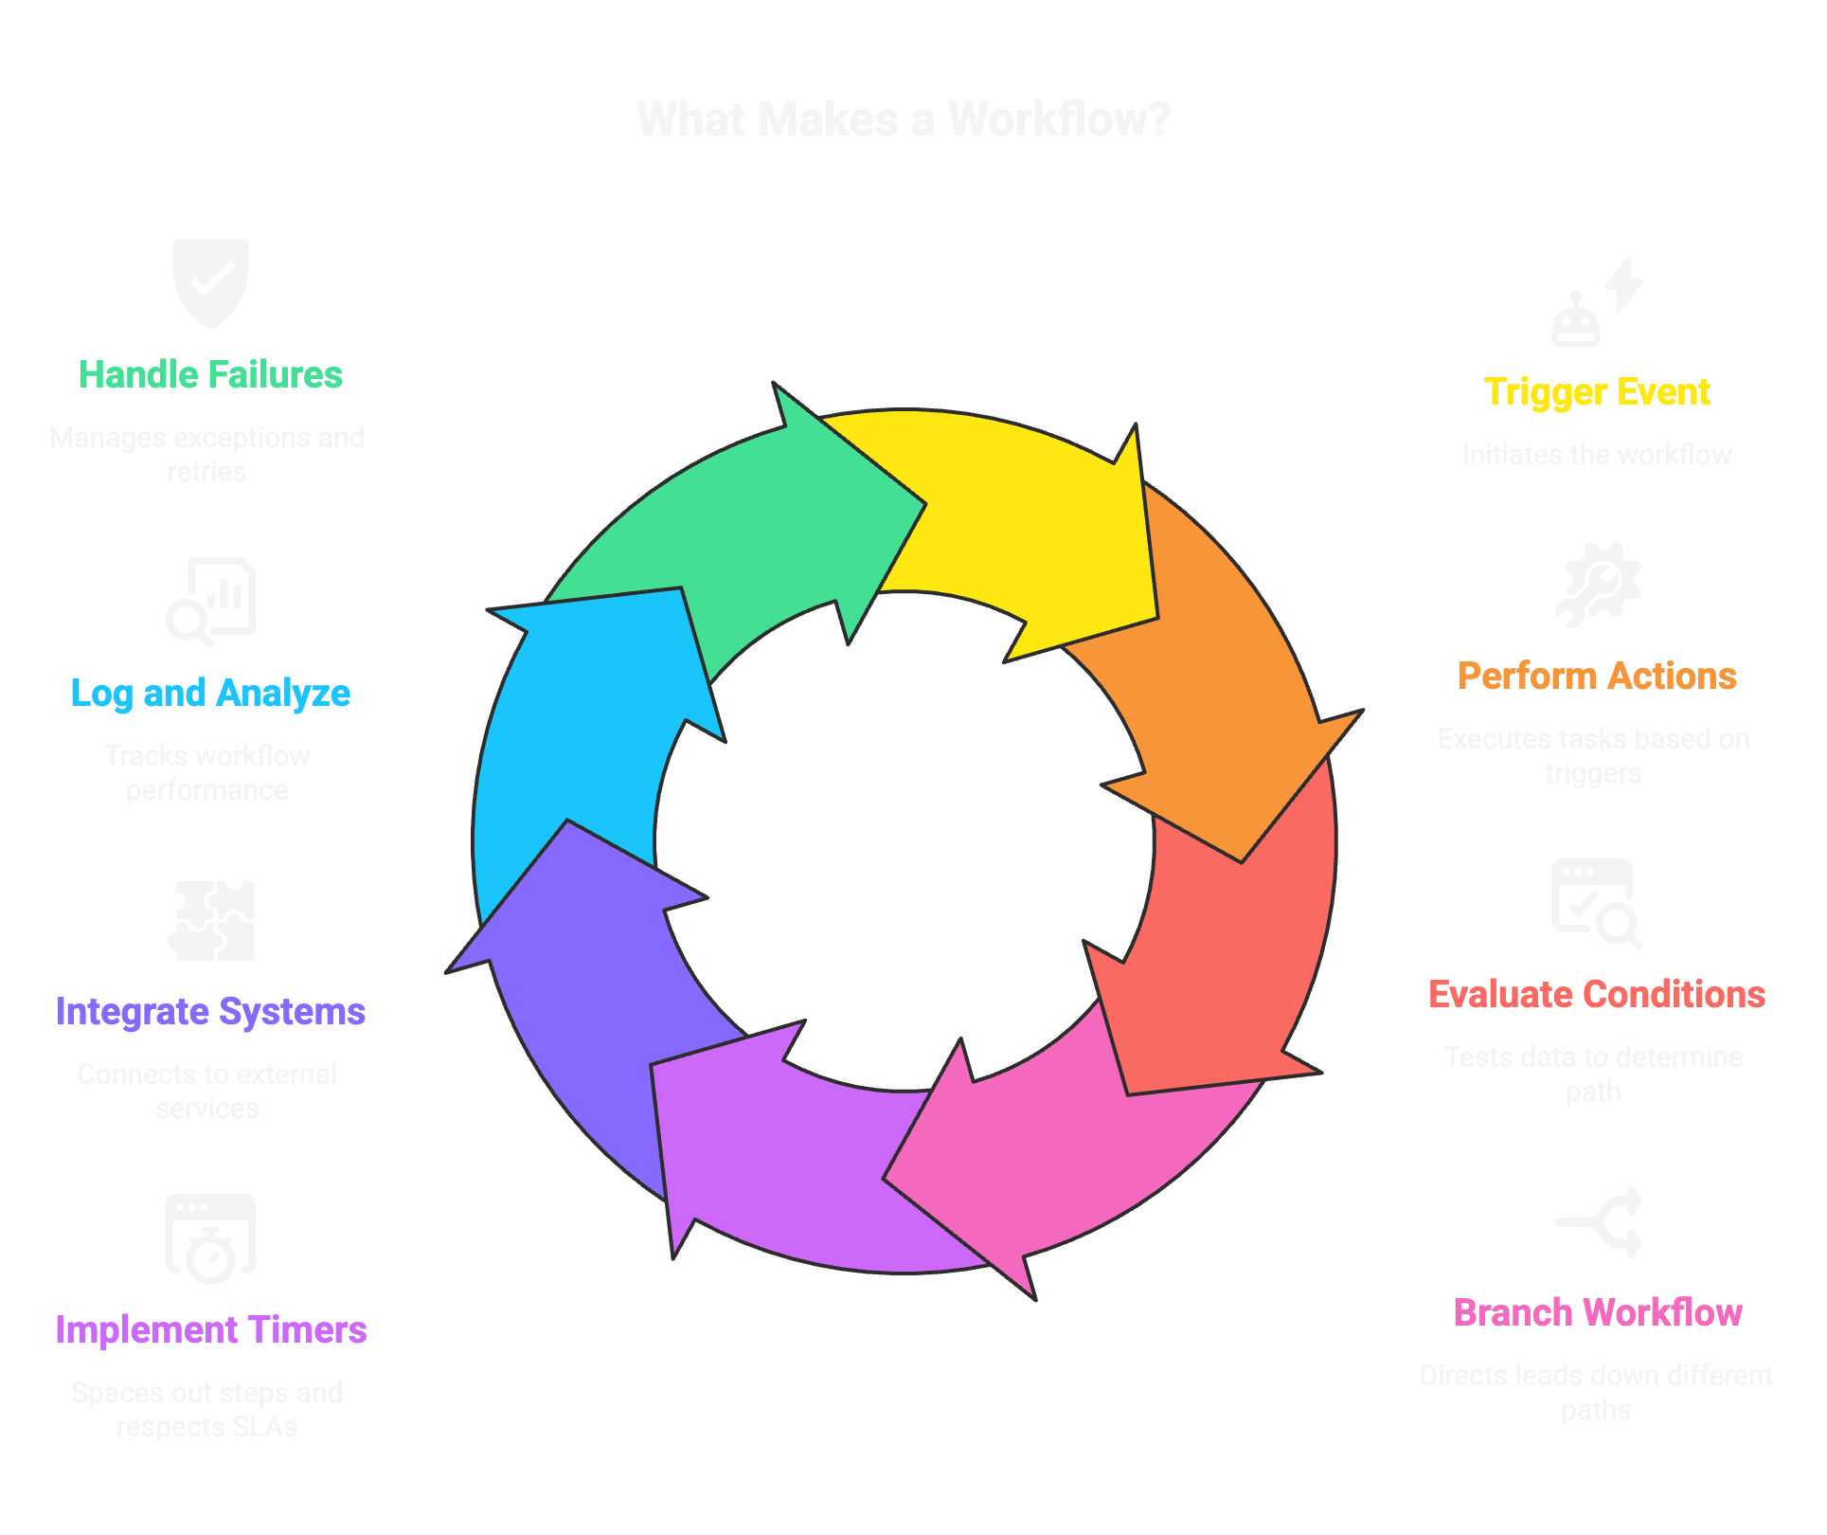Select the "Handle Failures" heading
210,375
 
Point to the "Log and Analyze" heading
210,694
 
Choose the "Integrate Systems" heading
210,1012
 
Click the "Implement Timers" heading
210,1330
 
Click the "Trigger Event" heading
1597,392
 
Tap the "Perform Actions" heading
1597,677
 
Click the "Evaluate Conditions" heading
1597,995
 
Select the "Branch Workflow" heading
1598,1313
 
